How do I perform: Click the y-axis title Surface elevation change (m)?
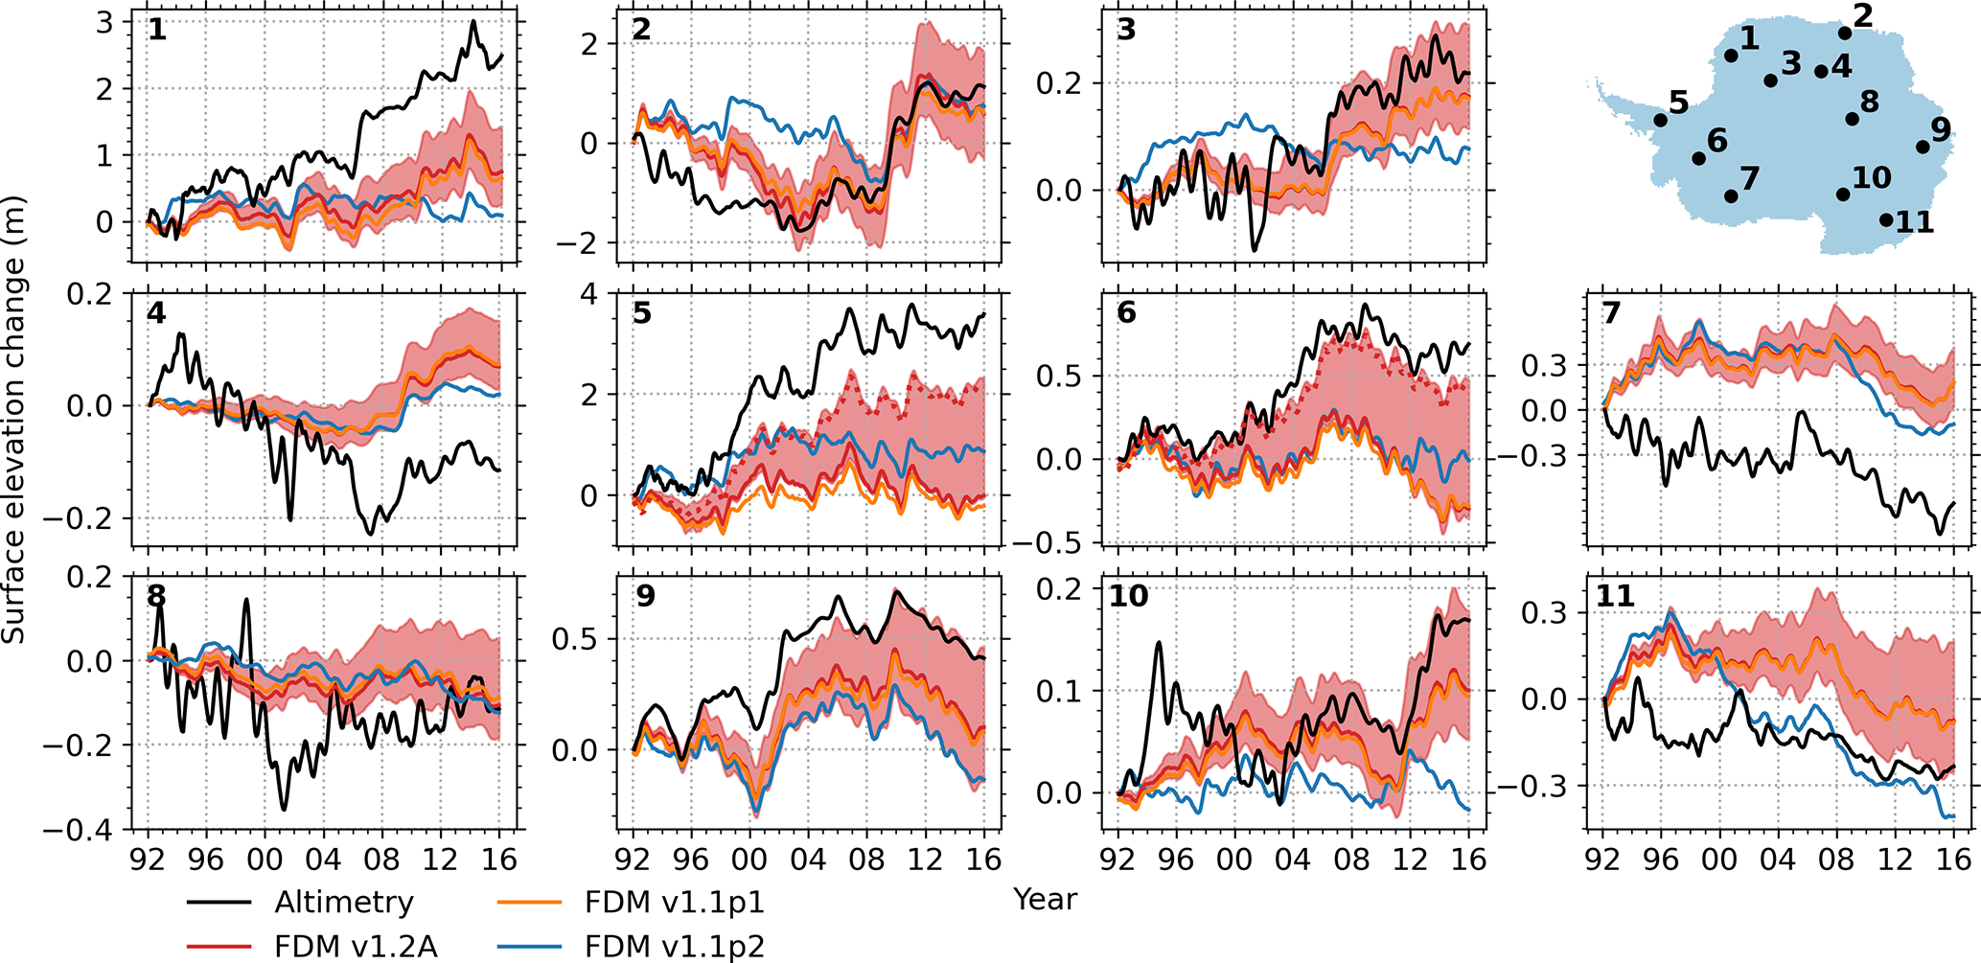[13, 420]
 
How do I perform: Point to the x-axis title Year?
[1045, 899]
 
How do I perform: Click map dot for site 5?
[1660, 120]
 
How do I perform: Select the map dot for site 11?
[1886, 220]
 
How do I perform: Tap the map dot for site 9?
[1923, 147]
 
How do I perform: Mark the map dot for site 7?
[1731, 196]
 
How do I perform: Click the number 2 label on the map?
[1862, 15]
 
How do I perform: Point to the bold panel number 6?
[1126, 312]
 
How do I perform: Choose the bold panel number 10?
[1128, 596]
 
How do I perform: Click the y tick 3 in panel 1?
[104, 22]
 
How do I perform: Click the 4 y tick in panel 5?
[588, 293]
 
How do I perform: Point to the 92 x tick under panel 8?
[147, 859]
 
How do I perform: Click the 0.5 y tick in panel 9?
[574, 639]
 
